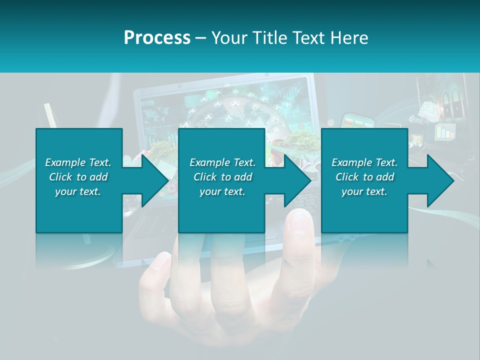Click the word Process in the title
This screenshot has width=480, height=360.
pos(157,38)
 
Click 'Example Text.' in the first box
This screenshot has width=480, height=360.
pos(78,162)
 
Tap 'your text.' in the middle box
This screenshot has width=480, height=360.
pos(222,191)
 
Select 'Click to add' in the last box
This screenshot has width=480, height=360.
pos(364,177)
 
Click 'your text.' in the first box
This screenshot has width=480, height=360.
pos(78,191)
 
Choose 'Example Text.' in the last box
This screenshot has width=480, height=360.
pos(364,162)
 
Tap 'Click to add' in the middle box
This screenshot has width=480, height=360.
pos(222,177)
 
